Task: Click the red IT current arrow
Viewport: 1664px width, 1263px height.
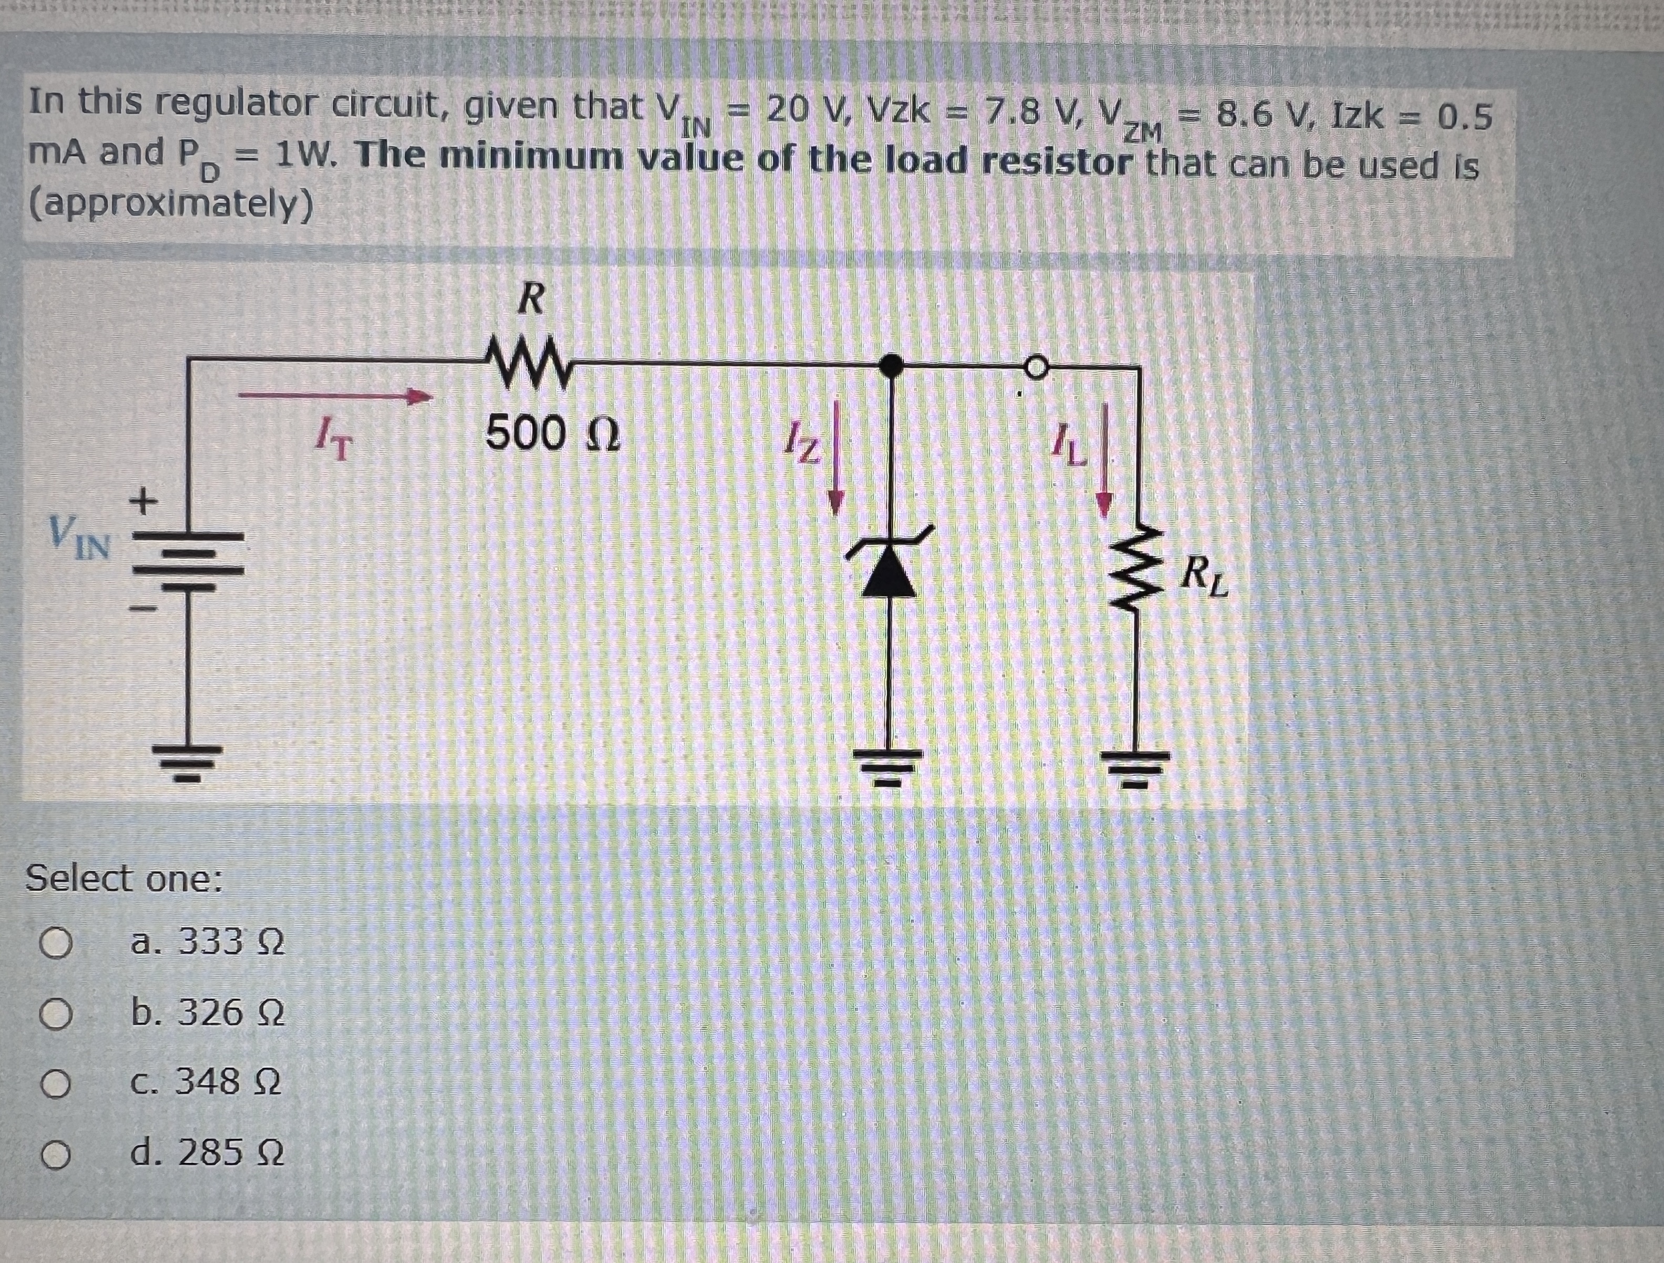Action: coord(339,396)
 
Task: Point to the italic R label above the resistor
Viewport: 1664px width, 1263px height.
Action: coord(531,300)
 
